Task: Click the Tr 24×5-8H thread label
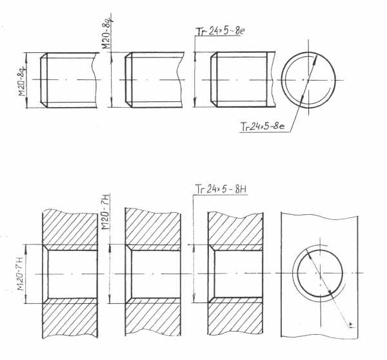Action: point(221,190)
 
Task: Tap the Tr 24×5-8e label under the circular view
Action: point(263,126)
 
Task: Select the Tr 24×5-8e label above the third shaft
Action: point(220,32)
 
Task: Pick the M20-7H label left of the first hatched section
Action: point(21,274)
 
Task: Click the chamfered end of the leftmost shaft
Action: point(44,80)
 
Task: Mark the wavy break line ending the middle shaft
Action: point(180,80)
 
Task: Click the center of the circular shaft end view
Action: point(308,80)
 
